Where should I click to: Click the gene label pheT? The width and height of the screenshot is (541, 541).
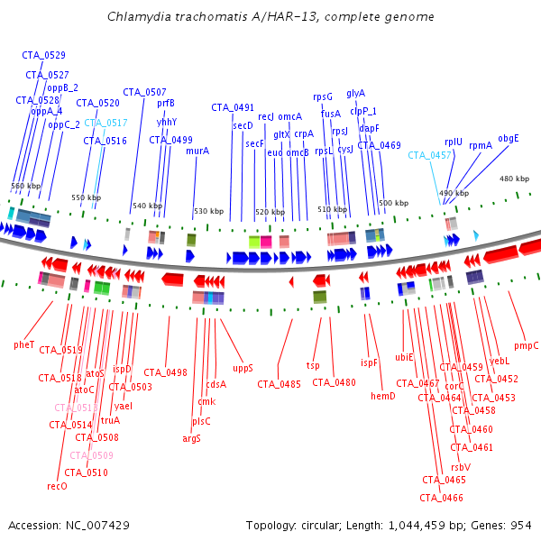pyautogui.click(x=23, y=344)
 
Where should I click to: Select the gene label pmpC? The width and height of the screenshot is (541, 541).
pyautogui.click(x=526, y=345)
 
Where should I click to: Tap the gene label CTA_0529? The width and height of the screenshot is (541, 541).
pyautogui.click(x=43, y=56)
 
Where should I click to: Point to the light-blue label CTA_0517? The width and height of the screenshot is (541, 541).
pyautogui.click(x=105, y=123)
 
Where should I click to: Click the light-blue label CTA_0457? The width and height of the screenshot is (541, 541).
pyautogui.click(x=429, y=155)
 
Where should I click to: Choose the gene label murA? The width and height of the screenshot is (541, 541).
pyautogui.click(x=197, y=151)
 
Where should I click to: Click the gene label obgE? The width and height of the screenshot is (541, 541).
pyautogui.click(x=509, y=138)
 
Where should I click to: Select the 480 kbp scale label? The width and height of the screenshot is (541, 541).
pyautogui.click(x=514, y=179)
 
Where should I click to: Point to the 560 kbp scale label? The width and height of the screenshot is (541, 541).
pyautogui.click(x=25, y=186)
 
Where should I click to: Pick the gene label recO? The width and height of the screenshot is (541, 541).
pyautogui.click(x=57, y=486)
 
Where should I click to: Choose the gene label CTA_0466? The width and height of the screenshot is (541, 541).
pyautogui.click(x=441, y=498)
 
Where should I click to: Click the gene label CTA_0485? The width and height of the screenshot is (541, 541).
pyautogui.click(x=279, y=384)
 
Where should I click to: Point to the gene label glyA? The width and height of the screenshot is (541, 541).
pyautogui.click(x=355, y=93)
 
